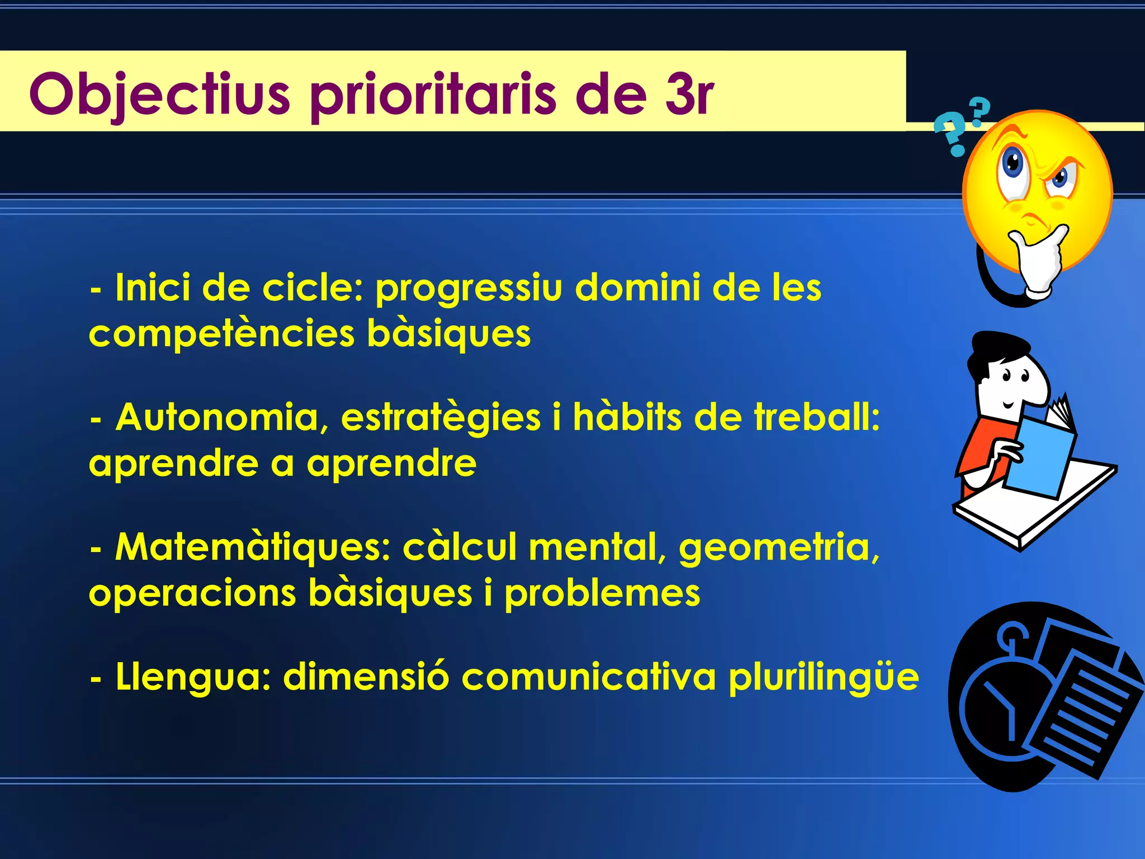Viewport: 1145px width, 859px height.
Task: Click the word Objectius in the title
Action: [159, 94]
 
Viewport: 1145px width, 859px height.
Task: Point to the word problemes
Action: [602, 593]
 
